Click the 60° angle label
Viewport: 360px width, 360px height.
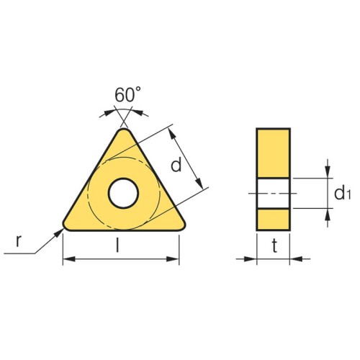[127, 94]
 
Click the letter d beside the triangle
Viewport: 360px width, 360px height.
[176, 165]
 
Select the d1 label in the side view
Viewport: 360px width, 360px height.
[343, 192]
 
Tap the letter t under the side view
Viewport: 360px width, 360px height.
[274, 246]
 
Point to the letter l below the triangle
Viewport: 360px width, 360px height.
[117, 245]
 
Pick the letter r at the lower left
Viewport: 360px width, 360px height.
[19, 241]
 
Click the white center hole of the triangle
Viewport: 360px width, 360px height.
[123, 193]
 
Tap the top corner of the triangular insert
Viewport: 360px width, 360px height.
[124, 130]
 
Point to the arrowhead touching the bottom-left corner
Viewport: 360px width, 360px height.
[59, 233]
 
